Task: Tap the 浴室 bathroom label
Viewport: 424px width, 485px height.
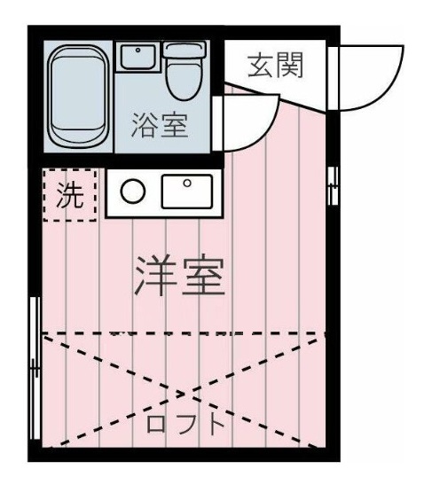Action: tap(160, 125)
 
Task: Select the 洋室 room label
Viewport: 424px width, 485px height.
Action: tap(179, 277)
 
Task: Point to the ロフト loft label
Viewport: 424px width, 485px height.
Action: tap(185, 422)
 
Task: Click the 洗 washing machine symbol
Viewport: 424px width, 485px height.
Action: tap(68, 195)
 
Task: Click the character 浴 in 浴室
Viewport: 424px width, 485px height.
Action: tap(145, 125)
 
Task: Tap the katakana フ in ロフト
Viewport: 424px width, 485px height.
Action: tap(185, 422)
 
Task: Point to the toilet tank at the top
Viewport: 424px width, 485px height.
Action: tap(185, 50)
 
